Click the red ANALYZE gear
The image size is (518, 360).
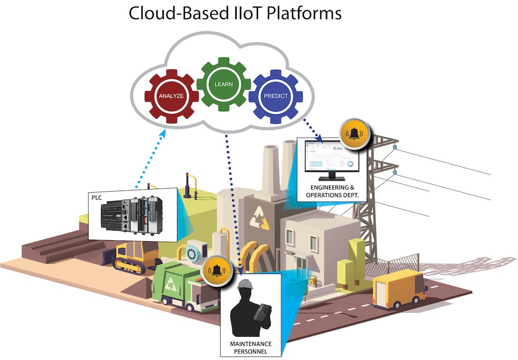[170, 96]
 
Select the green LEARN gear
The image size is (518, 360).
[223, 84]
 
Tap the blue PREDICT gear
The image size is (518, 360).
[276, 96]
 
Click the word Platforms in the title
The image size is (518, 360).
[303, 13]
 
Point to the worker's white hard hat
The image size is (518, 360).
[245, 285]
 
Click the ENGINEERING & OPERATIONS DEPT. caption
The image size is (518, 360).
[331, 192]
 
